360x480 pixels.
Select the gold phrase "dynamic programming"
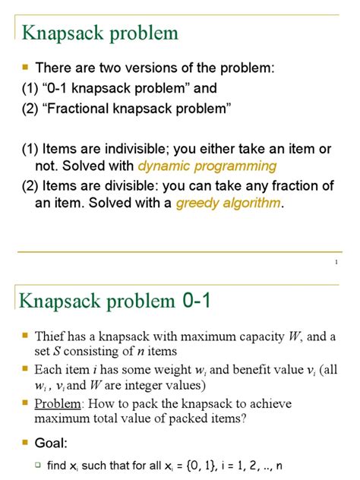pyautogui.click(x=207, y=165)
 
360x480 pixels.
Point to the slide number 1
pyautogui.click(x=336, y=263)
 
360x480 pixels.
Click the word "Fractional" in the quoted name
pyautogui.click(x=90, y=108)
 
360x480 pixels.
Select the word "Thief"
pyautogui.click(x=49, y=336)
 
